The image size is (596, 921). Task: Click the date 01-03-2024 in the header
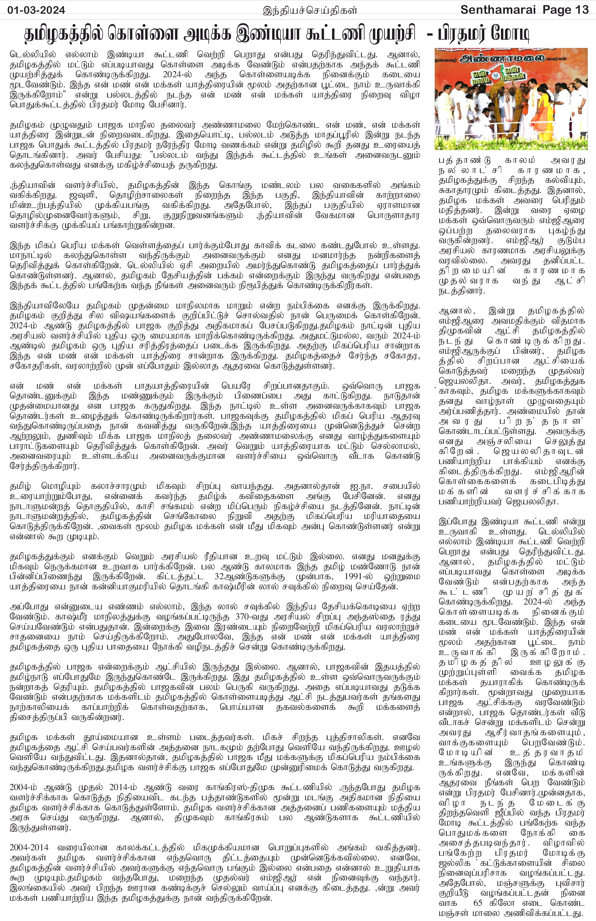tap(36, 10)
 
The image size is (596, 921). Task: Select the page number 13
tap(580, 10)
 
